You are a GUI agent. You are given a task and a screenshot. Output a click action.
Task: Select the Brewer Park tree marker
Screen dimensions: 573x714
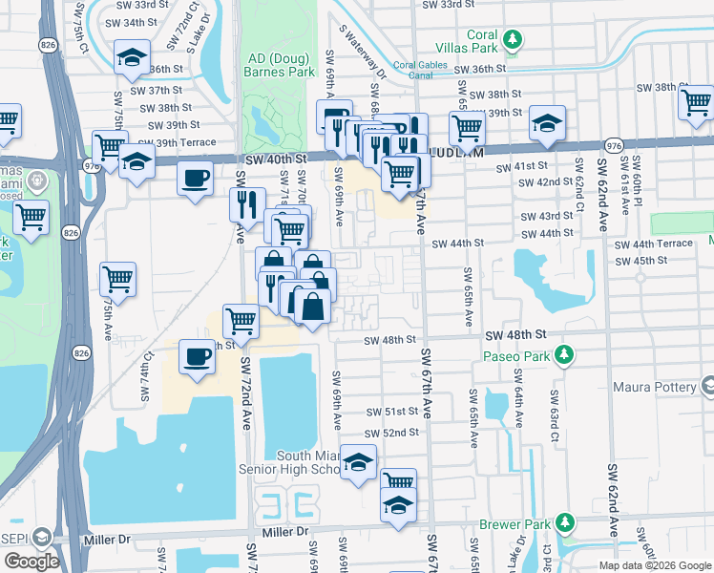tap(565, 521)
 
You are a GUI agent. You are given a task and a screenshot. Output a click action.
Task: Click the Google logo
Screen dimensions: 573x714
tap(31, 561)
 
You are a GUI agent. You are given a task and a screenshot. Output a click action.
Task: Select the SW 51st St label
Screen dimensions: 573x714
tap(394, 413)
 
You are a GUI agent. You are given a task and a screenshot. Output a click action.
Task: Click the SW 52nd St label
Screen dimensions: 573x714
tap(394, 433)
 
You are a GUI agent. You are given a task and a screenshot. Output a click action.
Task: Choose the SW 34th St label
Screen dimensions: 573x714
tap(131, 22)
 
